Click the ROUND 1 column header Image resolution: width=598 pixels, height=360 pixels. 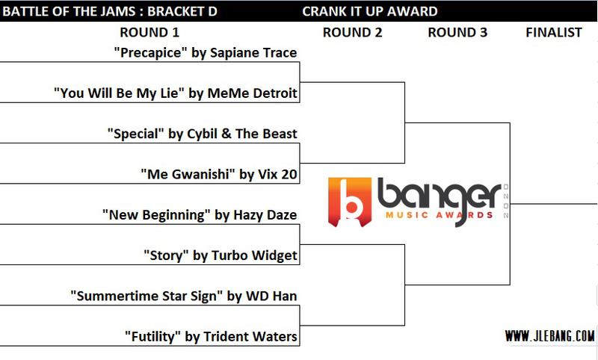[x=149, y=32]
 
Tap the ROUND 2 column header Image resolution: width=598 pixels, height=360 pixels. [x=352, y=32]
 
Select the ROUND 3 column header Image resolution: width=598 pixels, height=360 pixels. [x=457, y=32]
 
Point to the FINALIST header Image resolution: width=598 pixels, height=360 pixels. [x=554, y=32]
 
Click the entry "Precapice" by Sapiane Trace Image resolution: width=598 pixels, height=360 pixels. [x=205, y=52]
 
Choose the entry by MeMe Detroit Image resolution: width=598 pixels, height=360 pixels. [x=176, y=93]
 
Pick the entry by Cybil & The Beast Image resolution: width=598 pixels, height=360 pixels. [x=202, y=134]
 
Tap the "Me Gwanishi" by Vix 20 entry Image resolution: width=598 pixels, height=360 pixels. [x=219, y=175]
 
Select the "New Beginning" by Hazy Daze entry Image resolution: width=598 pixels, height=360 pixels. [x=200, y=215]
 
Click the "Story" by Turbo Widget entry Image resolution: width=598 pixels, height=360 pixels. [x=221, y=255]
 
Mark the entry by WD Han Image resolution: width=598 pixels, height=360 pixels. [x=184, y=296]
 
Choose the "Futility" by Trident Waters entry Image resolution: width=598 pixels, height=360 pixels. [x=211, y=337]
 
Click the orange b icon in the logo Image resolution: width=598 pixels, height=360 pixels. [x=350, y=202]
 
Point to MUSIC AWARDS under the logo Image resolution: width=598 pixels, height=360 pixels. [x=440, y=215]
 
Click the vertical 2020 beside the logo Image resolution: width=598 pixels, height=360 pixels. [x=506, y=201]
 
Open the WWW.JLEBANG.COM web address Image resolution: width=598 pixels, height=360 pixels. [x=549, y=335]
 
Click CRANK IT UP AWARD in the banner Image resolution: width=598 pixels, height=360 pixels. [x=370, y=11]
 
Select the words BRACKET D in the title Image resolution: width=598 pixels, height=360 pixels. [x=182, y=11]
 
